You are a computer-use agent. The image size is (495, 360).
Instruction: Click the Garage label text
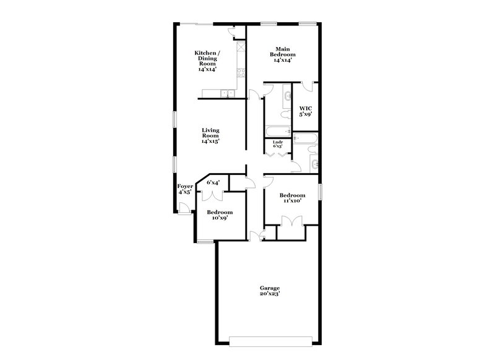click(270, 288)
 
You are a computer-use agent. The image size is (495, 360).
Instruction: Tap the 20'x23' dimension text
click(270, 294)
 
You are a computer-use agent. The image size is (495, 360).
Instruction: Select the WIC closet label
click(306, 108)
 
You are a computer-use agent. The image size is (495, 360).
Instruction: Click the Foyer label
click(185, 186)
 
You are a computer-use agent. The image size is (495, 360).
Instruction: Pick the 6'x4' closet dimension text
click(213, 182)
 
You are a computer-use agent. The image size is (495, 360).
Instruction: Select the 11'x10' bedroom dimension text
click(291, 201)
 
